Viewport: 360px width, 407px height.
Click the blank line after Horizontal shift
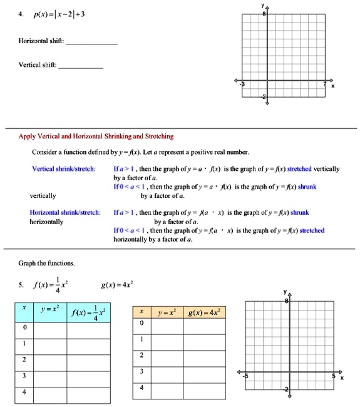[91, 43]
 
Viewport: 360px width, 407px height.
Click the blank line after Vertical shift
[81, 66]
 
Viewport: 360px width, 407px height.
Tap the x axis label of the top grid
[333, 87]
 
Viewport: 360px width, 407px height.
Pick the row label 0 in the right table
[142, 323]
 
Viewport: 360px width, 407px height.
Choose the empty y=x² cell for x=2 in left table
[52, 360]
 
